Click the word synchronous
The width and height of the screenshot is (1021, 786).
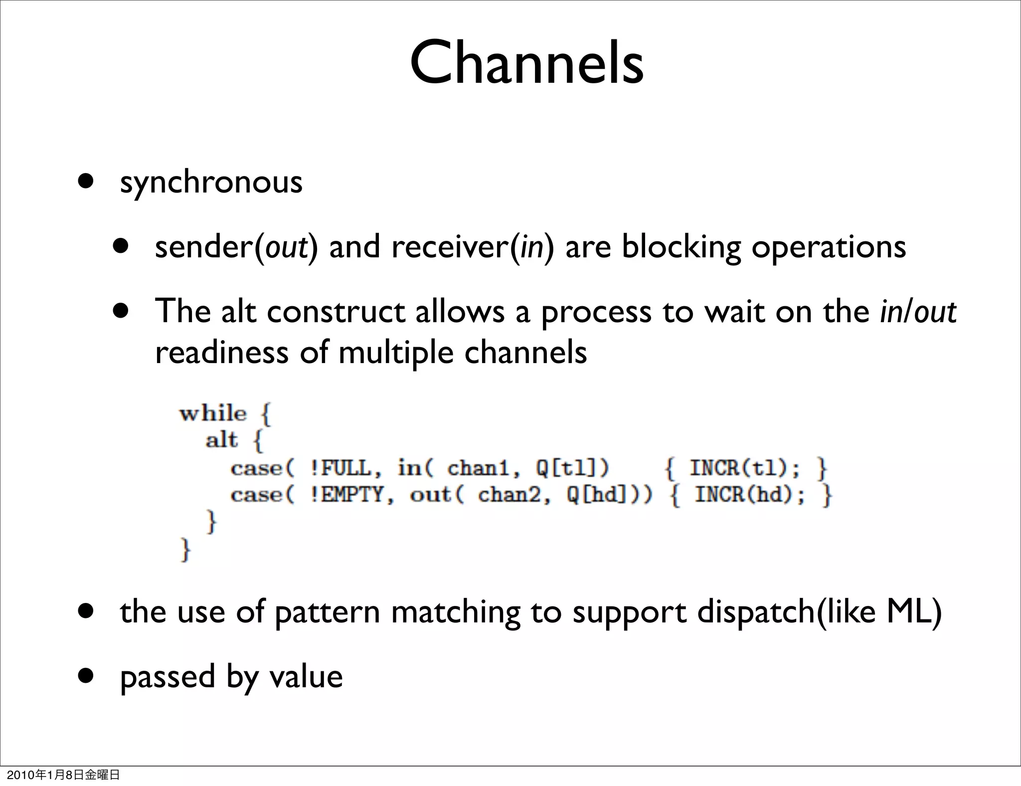pyautogui.click(x=211, y=183)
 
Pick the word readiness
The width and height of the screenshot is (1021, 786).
pyautogui.click(x=221, y=353)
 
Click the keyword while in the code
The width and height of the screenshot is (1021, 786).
pyautogui.click(x=213, y=413)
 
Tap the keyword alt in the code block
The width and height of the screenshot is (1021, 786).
pyautogui.click(x=221, y=440)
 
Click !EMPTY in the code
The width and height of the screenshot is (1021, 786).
pyautogui.click(x=351, y=495)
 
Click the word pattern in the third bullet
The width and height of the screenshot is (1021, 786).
pyautogui.click(x=327, y=612)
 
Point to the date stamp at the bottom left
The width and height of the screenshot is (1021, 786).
pyautogui.click(x=63, y=775)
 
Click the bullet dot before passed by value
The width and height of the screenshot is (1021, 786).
pyautogui.click(x=86, y=676)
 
